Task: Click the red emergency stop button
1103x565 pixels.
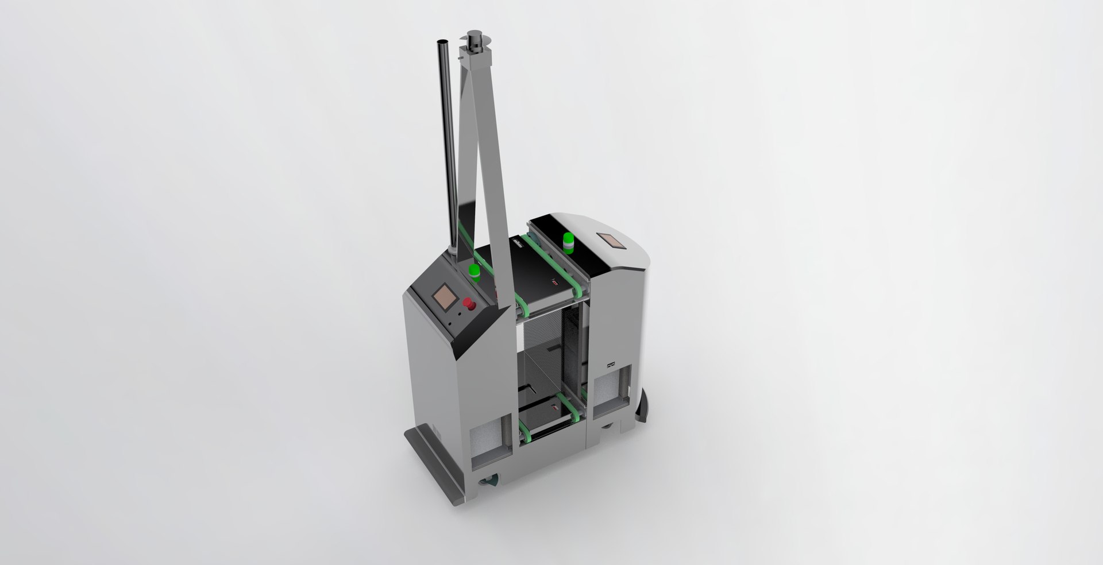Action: [x=469, y=303]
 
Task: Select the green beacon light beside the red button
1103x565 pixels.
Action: [x=475, y=272]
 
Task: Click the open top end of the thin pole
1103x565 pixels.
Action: [x=443, y=42]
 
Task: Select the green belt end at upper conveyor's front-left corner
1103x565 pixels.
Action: [x=522, y=305]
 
